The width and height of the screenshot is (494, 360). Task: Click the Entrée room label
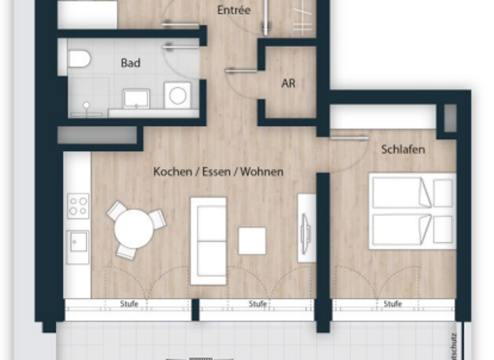point(233,10)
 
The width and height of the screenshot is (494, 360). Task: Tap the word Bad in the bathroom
point(130,63)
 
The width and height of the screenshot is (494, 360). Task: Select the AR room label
point(288,84)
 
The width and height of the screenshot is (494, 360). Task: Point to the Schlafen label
point(403,150)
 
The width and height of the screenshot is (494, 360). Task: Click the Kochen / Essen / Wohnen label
point(218,172)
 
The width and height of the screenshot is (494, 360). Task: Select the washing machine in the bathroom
point(177,96)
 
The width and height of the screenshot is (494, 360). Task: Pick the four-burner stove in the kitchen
point(78,206)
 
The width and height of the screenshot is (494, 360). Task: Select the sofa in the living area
point(208,240)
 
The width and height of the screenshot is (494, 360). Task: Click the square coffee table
point(252,240)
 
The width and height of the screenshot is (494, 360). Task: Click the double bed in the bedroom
point(412,210)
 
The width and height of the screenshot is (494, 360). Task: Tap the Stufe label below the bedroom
point(392,303)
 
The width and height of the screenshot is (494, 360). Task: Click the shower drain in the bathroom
point(86,104)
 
